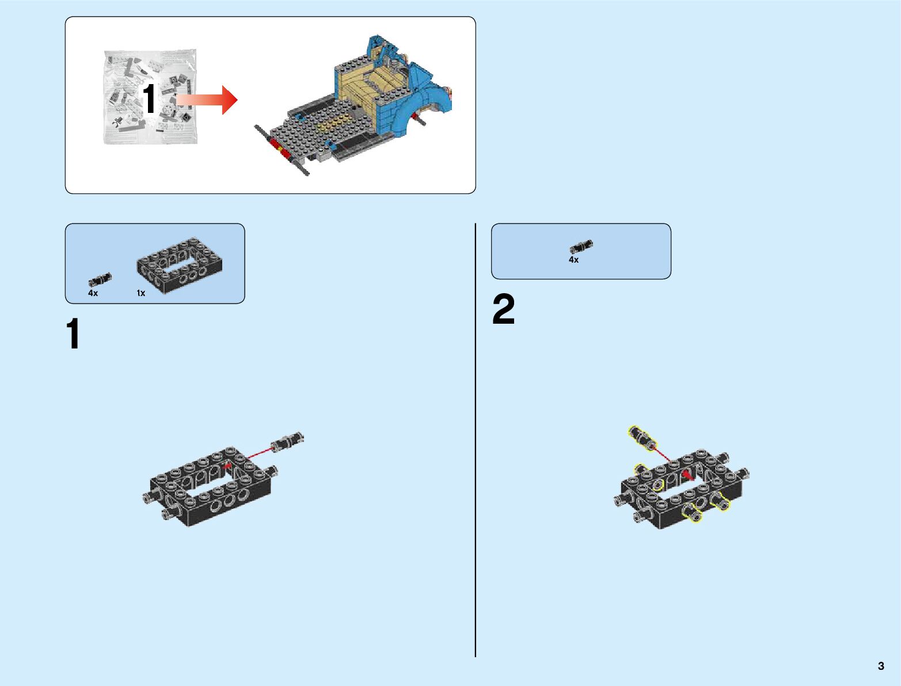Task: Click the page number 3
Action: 881,666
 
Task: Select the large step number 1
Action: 73,334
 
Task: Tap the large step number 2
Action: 503,309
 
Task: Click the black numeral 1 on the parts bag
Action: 149,98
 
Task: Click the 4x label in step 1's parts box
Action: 93,293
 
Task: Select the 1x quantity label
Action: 140,293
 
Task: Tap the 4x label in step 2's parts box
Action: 573,260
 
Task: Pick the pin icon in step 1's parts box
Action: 100,280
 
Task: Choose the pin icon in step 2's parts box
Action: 581,247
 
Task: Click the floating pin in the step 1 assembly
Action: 288,442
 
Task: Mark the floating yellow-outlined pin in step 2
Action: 641,438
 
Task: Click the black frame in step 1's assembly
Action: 210,487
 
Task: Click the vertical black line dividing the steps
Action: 476,438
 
